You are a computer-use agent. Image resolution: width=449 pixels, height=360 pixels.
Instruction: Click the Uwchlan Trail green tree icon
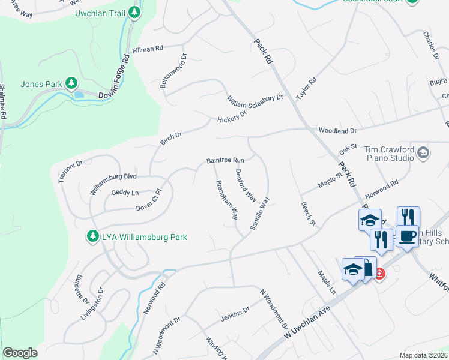point(135,13)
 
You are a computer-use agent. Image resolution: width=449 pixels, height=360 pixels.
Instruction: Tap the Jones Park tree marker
point(71,83)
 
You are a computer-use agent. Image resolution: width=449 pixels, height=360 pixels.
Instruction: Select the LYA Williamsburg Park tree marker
point(92,237)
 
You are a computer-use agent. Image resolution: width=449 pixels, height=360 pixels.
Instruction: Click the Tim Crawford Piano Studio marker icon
point(423,152)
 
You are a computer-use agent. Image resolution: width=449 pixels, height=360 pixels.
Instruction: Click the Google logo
point(20,353)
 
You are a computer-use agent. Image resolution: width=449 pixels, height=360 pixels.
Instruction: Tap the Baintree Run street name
point(225,161)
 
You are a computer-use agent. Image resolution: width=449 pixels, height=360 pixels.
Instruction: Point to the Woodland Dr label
point(337,130)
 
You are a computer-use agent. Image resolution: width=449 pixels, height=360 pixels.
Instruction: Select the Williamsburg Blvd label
point(113,176)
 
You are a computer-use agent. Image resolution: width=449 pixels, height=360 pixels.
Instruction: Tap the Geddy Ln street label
point(125,192)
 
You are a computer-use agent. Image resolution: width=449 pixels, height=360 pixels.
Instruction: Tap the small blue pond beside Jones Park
point(78,94)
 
